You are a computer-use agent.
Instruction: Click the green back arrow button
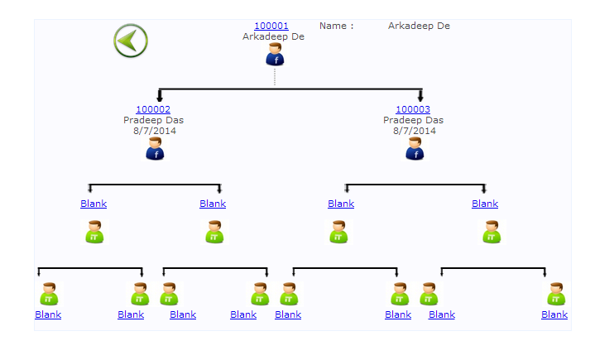coord(131,41)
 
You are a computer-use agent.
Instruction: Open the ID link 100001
coord(271,26)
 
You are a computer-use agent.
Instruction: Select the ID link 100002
coord(153,109)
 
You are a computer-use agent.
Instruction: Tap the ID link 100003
coord(413,109)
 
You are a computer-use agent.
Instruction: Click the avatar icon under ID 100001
coord(275,55)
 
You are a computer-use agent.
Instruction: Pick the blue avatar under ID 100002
coord(155,149)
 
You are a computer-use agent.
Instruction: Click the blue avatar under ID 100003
coord(415,149)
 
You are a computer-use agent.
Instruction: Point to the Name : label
coord(337,26)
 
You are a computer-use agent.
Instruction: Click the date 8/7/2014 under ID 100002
coord(155,131)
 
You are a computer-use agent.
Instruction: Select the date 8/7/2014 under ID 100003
coord(415,131)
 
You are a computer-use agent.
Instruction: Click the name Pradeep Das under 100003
coord(413,120)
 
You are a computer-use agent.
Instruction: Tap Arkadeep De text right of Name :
coord(419,26)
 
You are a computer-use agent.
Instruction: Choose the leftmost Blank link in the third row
coord(94,204)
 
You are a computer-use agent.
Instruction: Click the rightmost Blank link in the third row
coord(485,204)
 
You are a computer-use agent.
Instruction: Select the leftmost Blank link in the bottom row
coord(48,314)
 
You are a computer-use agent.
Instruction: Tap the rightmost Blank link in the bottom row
coord(554,314)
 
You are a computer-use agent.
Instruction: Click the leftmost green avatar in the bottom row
coord(48,294)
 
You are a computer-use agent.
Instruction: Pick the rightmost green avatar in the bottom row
coord(555,294)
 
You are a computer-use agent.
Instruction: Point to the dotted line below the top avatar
coord(275,76)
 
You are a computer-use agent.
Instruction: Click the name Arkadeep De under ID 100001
coord(273,36)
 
